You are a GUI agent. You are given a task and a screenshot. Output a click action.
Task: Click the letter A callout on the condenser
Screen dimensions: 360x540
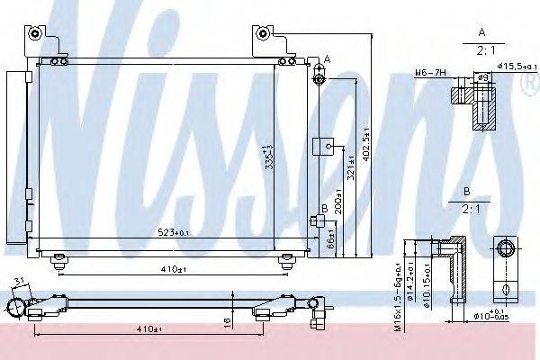point(326,58)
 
